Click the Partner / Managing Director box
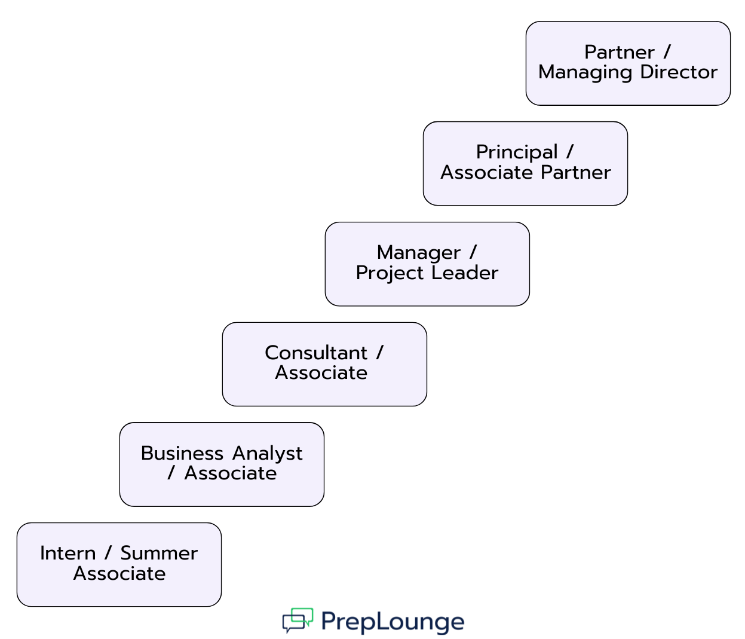point(627,63)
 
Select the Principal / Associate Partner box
point(525,163)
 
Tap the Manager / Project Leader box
point(427,264)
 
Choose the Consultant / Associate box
point(324,364)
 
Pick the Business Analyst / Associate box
point(222,464)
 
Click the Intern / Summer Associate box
point(119,564)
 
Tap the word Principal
point(517,153)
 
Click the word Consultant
point(315,353)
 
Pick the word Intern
point(68,554)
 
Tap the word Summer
point(159,554)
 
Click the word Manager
point(418,253)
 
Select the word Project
point(390,274)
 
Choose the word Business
point(182,453)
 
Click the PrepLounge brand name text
point(392,622)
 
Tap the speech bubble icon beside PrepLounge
point(298,620)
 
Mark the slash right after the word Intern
point(108,554)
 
